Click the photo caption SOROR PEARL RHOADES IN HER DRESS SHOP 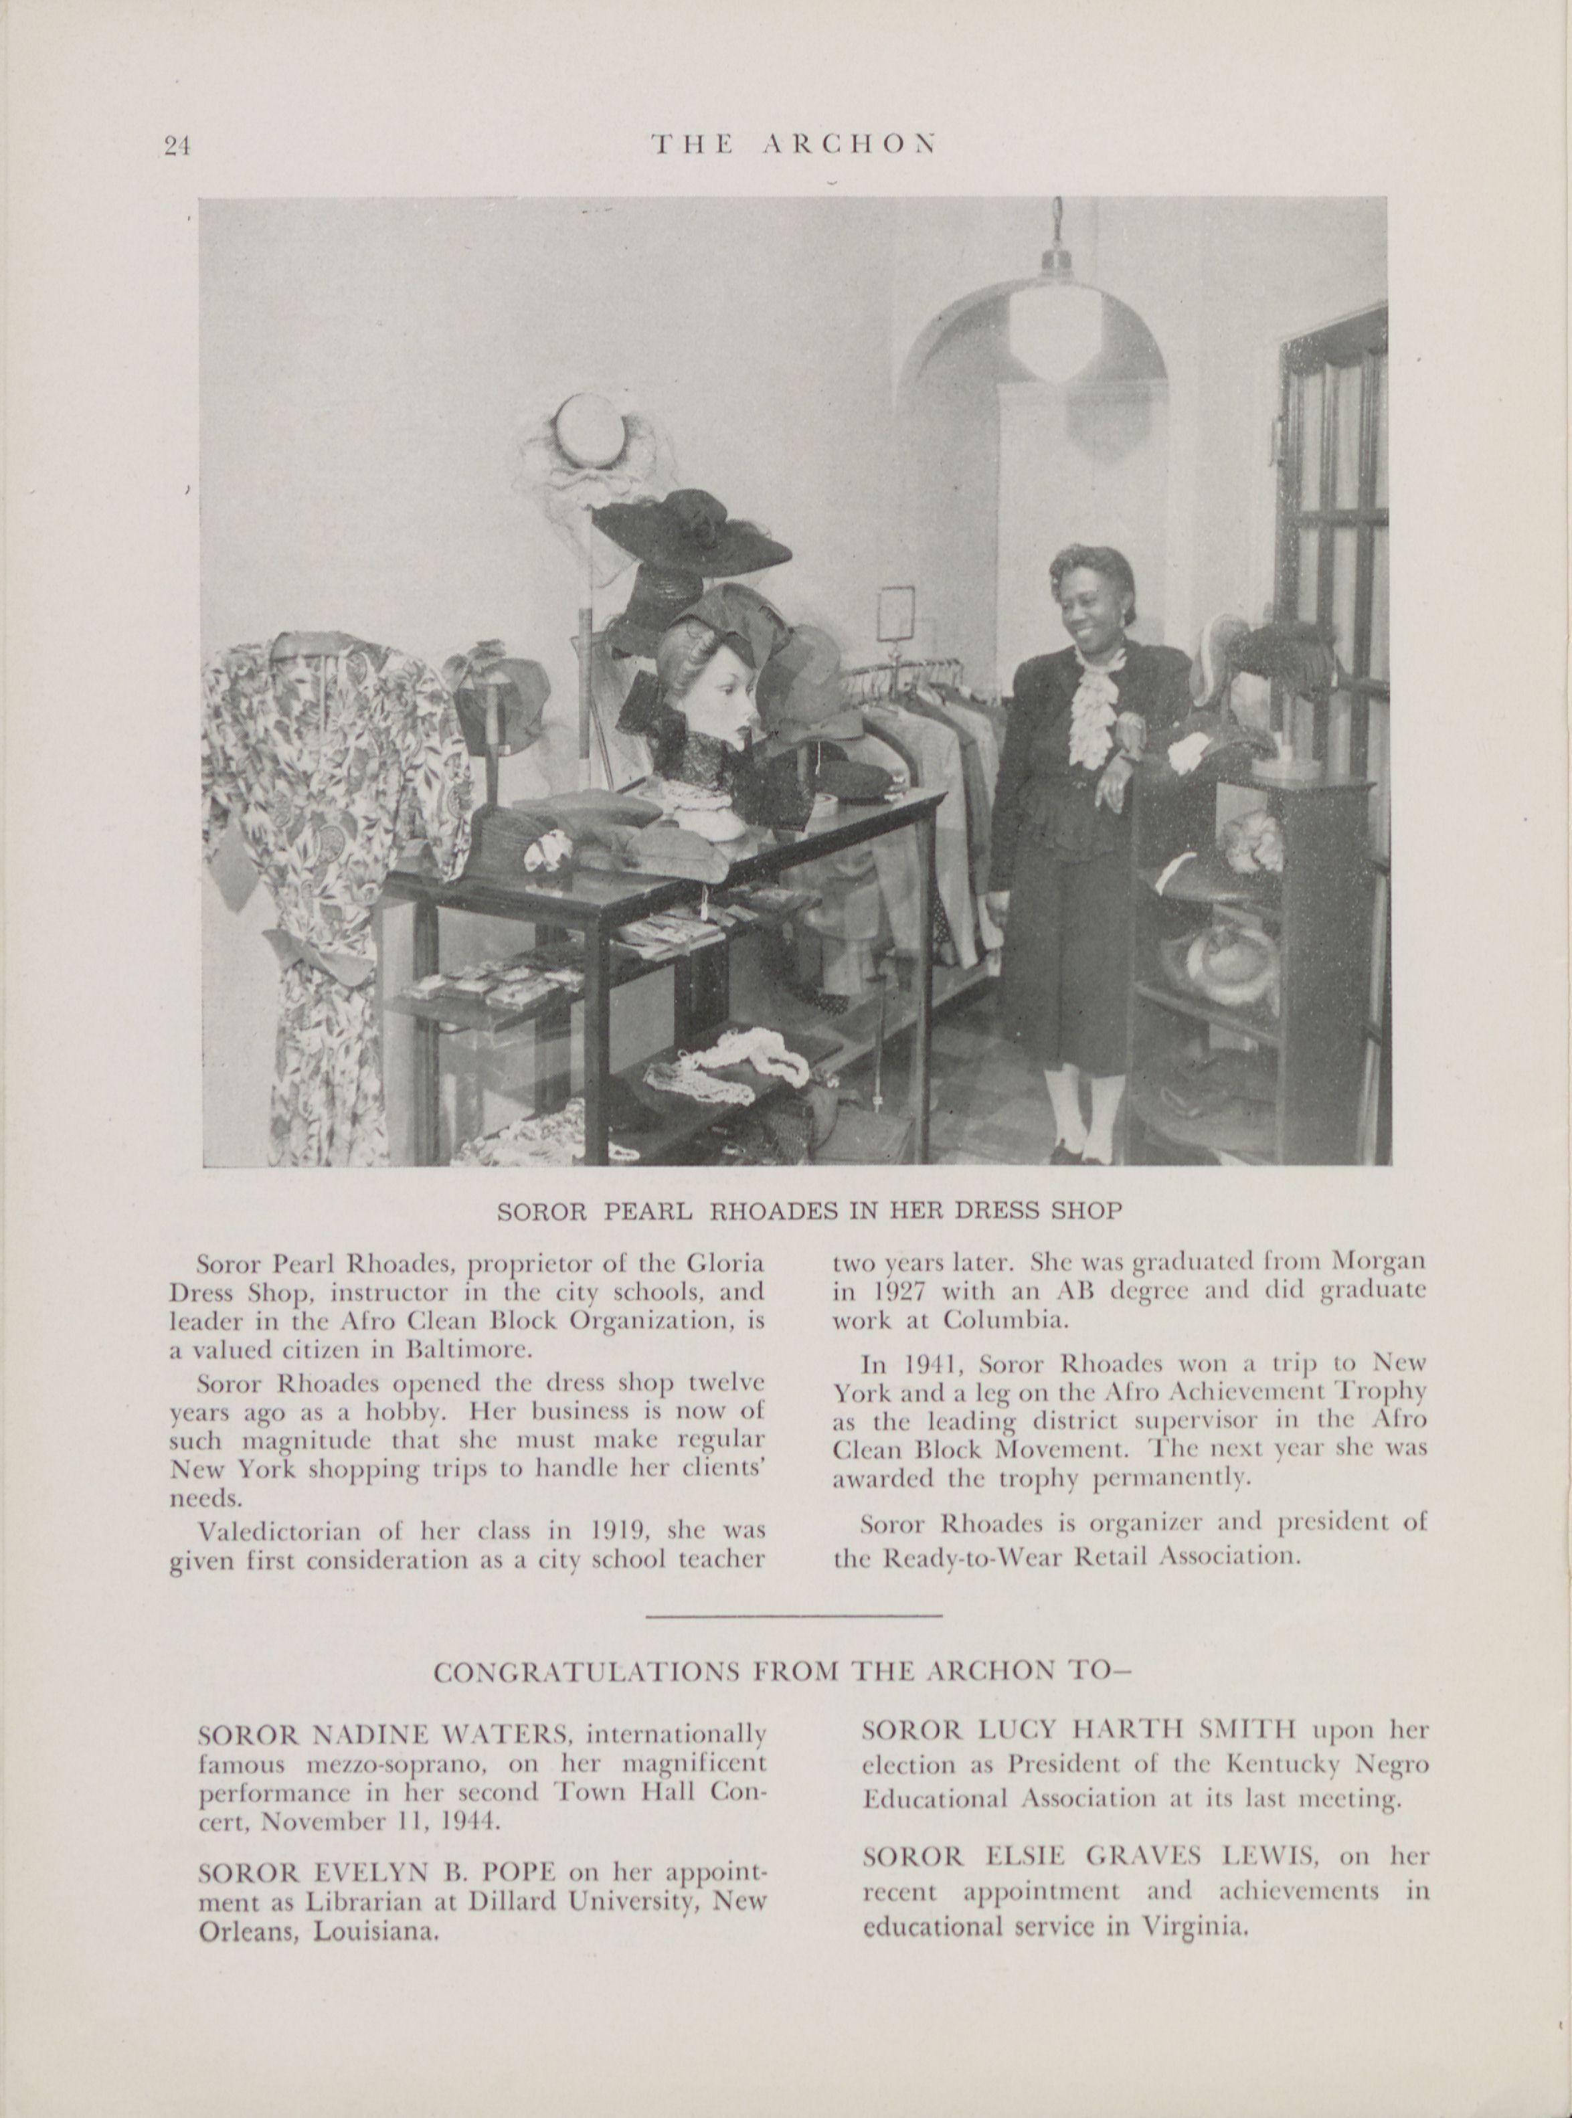pyautogui.click(x=810, y=1211)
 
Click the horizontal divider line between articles pyautogui.click(x=794, y=1615)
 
